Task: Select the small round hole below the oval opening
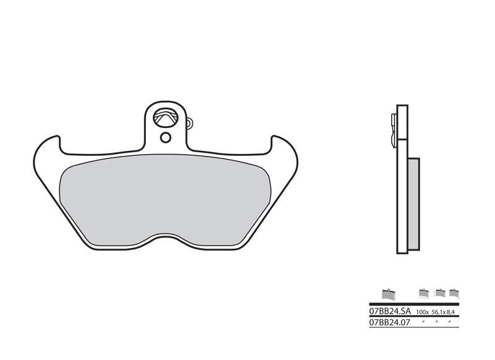(165, 137)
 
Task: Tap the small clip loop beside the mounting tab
(189, 122)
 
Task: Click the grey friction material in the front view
(167, 198)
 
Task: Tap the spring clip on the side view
(393, 130)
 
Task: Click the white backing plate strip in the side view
(402, 186)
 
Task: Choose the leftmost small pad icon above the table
(388, 293)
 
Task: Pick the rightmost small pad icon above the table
(454, 293)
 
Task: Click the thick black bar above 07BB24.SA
(413, 304)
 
